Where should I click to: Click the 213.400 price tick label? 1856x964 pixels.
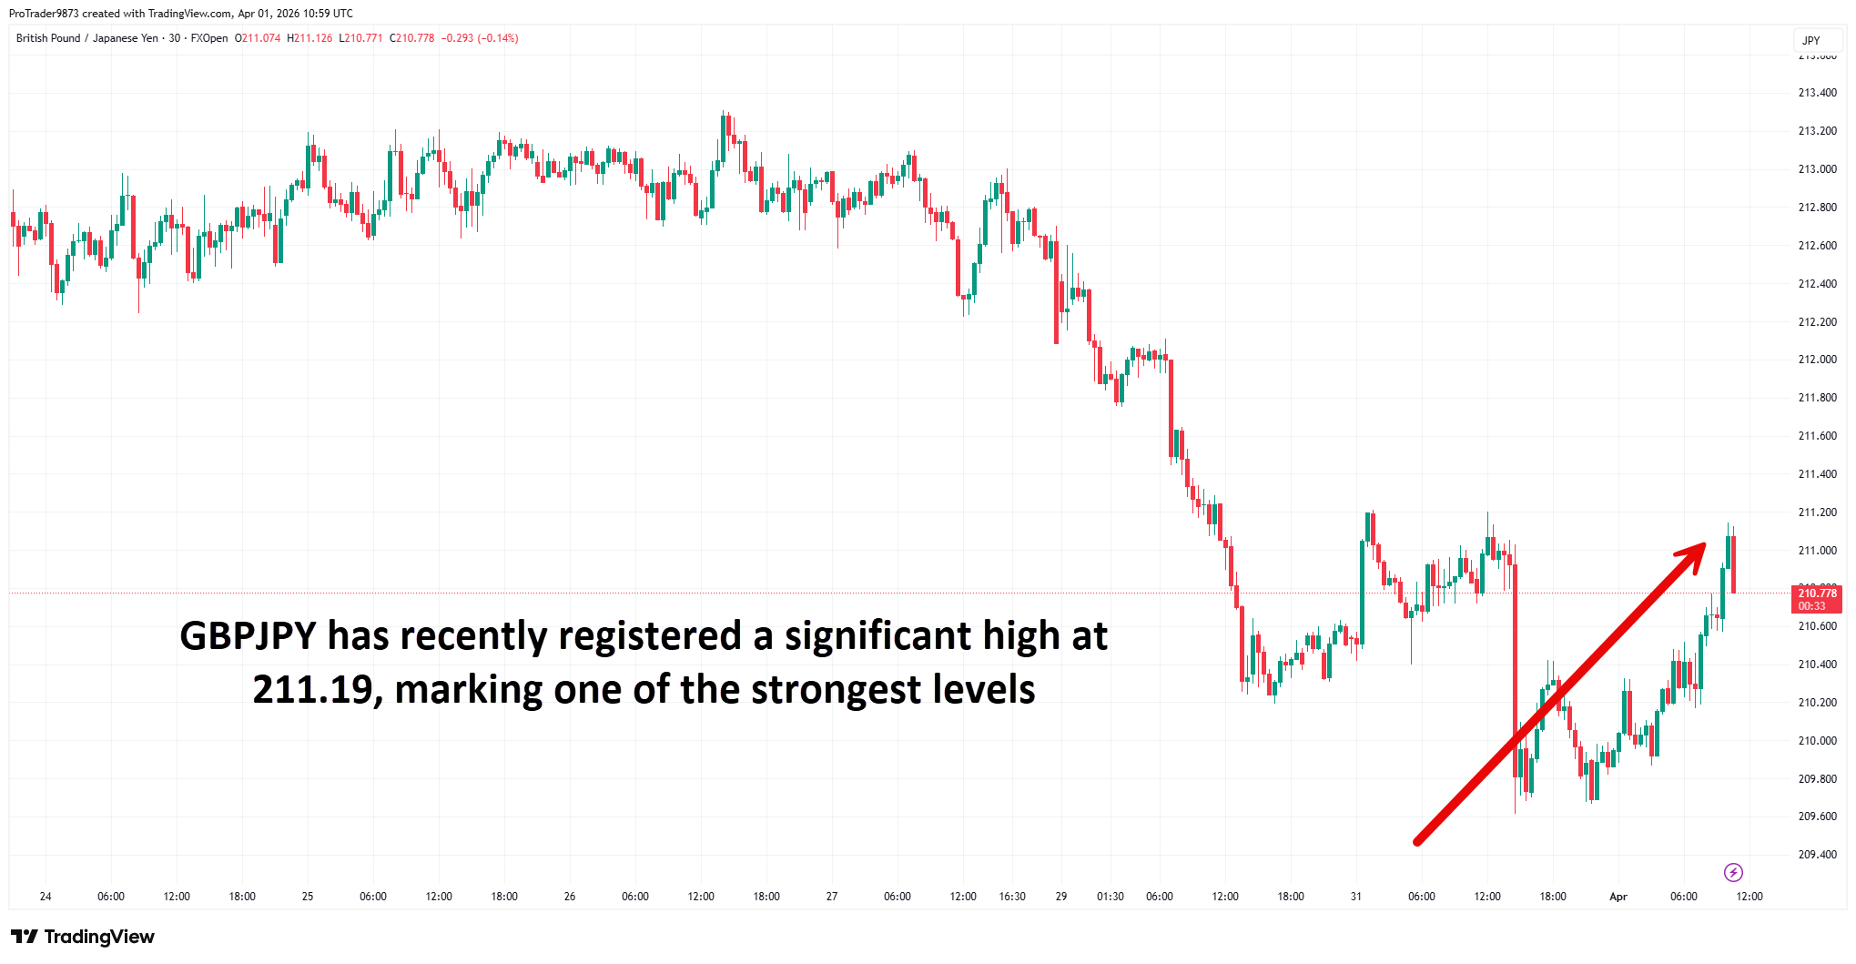(x=1817, y=93)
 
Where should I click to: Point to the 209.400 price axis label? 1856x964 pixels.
(x=1817, y=855)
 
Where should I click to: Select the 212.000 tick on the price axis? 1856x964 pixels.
(x=1817, y=360)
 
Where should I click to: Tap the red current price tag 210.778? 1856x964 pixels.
(x=1816, y=599)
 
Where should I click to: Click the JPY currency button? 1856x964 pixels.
(x=1810, y=41)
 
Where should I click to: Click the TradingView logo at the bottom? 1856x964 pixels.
(x=83, y=937)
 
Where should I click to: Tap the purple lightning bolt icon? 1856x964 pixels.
(x=1733, y=873)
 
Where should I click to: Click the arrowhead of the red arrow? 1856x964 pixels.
(x=1696, y=553)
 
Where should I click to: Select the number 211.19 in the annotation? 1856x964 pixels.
(x=310, y=690)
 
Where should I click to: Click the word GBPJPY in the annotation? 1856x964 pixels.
(x=248, y=636)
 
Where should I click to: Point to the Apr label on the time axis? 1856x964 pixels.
(x=1618, y=897)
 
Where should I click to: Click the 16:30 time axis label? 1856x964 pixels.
(x=1012, y=897)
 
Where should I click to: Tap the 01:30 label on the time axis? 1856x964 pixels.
(x=1110, y=897)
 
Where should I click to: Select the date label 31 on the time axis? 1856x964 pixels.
(x=1355, y=897)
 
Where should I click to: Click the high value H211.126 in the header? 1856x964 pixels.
(x=309, y=38)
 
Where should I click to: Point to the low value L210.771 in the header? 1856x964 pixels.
(x=360, y=38)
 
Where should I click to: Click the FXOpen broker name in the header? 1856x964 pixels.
(x=209, y=38)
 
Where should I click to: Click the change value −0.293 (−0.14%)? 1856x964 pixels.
(x=480, y=38)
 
